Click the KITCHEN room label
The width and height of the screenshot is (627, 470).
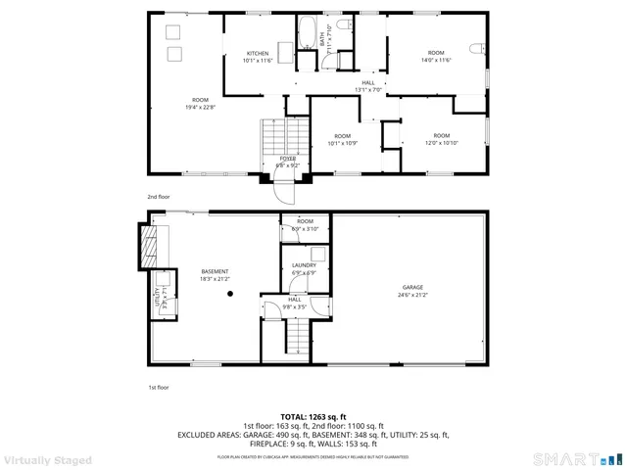coord(258,53)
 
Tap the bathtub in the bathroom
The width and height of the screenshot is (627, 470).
coord(307,31)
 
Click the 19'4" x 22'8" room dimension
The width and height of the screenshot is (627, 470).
coord(200,108)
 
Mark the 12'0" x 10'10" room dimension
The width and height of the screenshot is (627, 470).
coord(442,143)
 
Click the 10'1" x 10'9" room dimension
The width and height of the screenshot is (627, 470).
coord(342,143)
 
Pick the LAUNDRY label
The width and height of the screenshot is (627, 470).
coord(304,264)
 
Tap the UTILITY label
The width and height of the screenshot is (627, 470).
coord(156,297)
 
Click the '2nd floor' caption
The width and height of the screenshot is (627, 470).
coord(159,196)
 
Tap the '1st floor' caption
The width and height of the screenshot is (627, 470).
coord(159,388)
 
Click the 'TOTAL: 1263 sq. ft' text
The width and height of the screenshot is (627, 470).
coord(313,416)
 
